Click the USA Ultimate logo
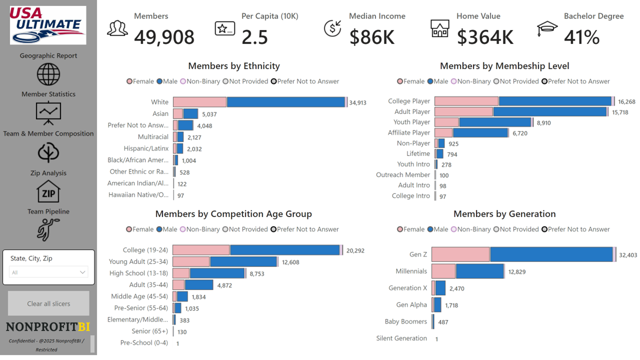click(x=48, y=25)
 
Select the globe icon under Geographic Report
click(x=48, y=74)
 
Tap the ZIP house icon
click(x=48, y=191)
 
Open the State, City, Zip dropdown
click(x=48, y=272)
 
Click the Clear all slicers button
click(x=48, y=303)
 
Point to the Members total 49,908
click(x=164, y=37)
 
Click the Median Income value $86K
click(x=372, y=37)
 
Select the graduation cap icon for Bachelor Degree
click(x=547, y=29)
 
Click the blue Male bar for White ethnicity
click(x=285, y=102)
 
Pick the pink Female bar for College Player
click(x=466, y=101)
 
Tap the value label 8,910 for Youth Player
click(x=543, y=122)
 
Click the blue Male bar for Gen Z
click(x=551, y=254)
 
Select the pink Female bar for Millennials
click(x=443, y=271)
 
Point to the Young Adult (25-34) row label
click(x=138, y=261)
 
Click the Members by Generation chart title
click(x=504, y=214)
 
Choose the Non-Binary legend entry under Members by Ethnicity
click(x=200, y=81)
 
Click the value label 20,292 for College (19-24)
click(x=355, y=250)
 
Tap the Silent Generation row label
click(x=401, y=338)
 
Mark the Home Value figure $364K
click(x=485, y=37)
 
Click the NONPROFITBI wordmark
click(x=48, y=327)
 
